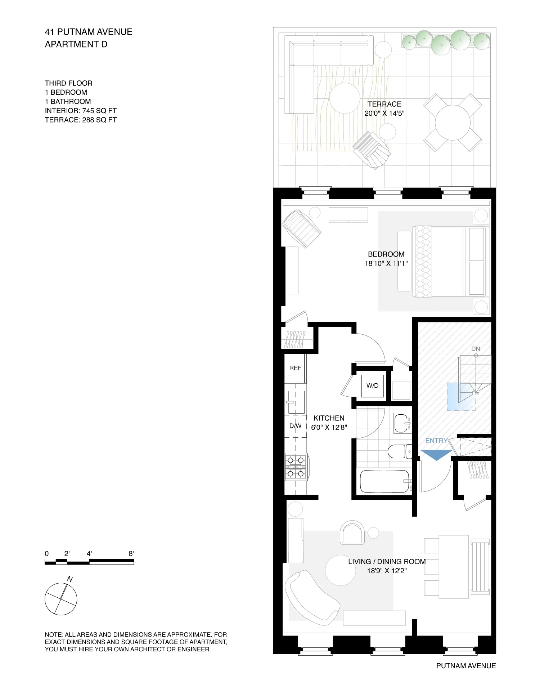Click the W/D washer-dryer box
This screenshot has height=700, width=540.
click(x=372, y=385)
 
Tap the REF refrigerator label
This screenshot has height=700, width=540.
click(x=295, y=368)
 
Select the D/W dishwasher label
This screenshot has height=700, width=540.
click(x=295, y=426)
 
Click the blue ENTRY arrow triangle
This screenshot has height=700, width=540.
click(x=436, y=455)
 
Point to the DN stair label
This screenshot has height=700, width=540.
click(x=476, y=349)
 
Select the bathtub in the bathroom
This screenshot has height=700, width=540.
click(x=384, y=481)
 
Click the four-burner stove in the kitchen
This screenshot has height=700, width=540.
click(x=296, y=467)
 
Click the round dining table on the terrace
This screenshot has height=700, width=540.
click(x=453, y=122)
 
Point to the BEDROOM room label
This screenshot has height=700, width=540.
click(x=386, y=254)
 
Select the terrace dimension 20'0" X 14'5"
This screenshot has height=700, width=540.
click(x=384, y=113)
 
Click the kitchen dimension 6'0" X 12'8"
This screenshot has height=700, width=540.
click(x=329, y=427)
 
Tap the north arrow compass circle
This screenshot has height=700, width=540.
click(x=61, y=599)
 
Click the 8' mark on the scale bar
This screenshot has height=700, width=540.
click(x=131, y=554)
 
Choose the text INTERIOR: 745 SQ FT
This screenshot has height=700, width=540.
click(x=81, y=111)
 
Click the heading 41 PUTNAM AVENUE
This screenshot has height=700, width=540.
click(x=89, y=32)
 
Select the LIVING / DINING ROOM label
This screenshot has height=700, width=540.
click(x=387, y=562)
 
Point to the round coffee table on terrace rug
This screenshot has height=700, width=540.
click(x=345, y=98)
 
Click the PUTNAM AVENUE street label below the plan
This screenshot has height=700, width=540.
click(x=466, y=666)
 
